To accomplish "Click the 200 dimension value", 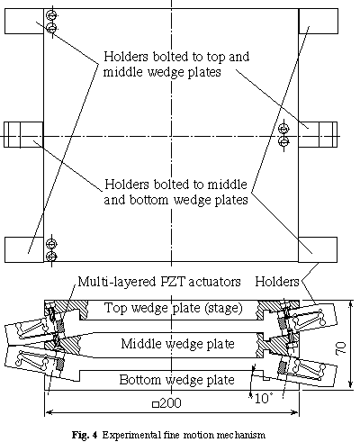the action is pos(170,403).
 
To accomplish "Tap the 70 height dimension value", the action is pos(342,347).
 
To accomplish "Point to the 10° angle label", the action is pos(264,399).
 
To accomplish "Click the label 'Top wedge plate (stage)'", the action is pos(173,308).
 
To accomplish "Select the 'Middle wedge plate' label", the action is pos(177,344).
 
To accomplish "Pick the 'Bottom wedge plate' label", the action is pos(176,380).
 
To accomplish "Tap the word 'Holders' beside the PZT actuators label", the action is pos(277,282).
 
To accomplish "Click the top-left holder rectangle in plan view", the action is pos(24,21).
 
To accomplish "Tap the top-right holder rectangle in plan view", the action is pos(319,21).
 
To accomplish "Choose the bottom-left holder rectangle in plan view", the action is pos(24,249).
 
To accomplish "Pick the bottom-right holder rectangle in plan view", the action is pos(318,249).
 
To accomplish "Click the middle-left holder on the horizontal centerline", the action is pos(23,134).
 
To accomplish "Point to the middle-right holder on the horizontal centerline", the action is pos(318,134).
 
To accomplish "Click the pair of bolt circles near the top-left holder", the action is pos(52,22).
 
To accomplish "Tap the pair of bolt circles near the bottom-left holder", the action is pos(52,250).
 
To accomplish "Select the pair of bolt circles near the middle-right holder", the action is pos(283,135).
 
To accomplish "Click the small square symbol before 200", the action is pos(156,404).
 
